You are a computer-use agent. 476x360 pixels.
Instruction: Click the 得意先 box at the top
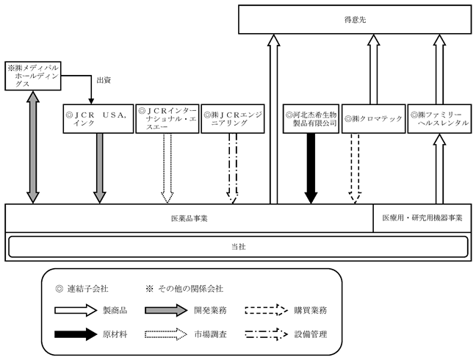click(x=355, y=19)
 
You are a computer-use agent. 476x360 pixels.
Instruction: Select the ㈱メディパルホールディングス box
click(x=33, y=76)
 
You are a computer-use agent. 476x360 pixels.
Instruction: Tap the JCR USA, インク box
click(x=98, y=119)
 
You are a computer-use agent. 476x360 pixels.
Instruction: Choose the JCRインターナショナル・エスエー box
click(x=167, y=119)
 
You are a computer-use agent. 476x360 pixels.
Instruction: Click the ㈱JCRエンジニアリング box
click(x=233, y=119)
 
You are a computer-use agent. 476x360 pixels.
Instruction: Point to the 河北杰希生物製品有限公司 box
click(x=311, y=119)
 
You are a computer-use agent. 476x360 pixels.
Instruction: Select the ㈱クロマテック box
click(x=374, y=119)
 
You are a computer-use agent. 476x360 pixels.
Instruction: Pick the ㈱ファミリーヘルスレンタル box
click(x=439, y=119)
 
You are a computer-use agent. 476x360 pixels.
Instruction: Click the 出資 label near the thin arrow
click(x=104, y=80)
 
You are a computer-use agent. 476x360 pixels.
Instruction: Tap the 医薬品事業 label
click(x=189, y=218)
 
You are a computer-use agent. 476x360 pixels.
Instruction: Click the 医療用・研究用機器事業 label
click(x=422, y=218)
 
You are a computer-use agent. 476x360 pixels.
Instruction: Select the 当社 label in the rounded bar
click(x=238, y=247)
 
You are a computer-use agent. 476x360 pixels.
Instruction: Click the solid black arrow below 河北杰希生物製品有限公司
click(x=311, y=168)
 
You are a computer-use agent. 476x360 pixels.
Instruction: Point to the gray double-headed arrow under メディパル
click(x=33, y=147)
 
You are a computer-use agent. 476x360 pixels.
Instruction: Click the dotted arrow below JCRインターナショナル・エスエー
click(x=167, y=168)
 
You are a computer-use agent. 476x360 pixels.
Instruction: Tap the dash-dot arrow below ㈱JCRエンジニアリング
click(x=233, y=168)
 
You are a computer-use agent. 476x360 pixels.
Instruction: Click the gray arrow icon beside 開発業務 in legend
click(x=166, y=310)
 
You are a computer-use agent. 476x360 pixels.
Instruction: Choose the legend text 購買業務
click(x=311, y=311)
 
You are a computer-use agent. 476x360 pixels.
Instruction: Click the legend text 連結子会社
click(x=87, y=289)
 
